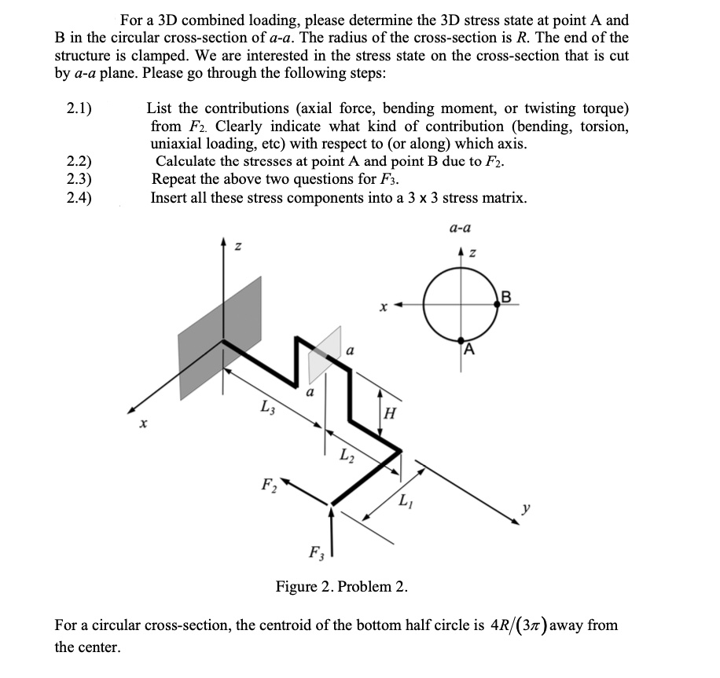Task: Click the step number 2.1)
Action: click(79, 109)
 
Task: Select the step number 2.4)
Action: click(79, 197)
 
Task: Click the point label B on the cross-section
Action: click(505, 297)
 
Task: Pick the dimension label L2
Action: click(346, 455)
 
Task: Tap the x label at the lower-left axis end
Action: click(142, 424)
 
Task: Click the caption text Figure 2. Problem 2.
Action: click(340, 586)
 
